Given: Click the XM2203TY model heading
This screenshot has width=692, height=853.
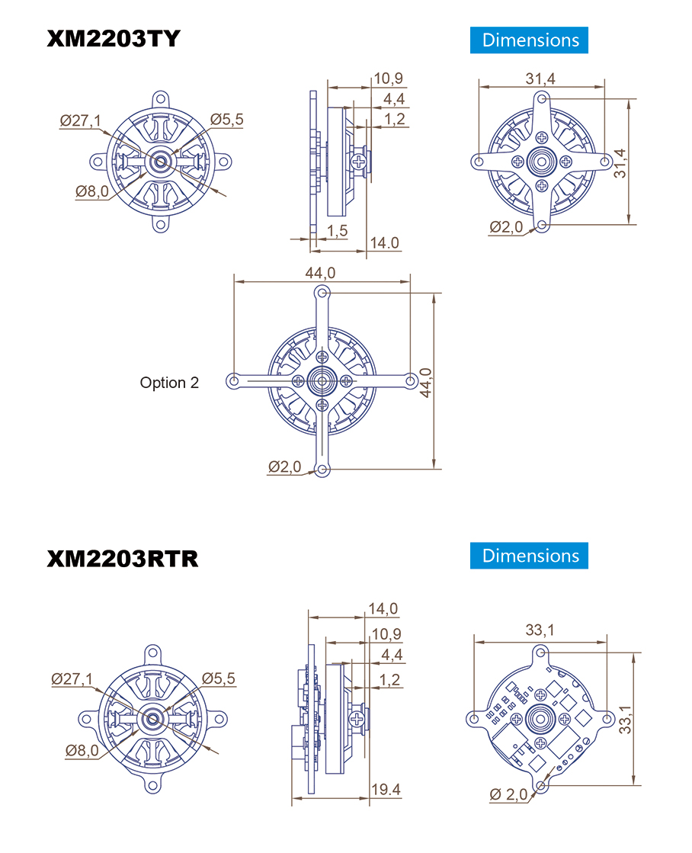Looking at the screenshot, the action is tap(113, 39).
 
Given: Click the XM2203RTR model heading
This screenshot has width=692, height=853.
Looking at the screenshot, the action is tap(123, 559).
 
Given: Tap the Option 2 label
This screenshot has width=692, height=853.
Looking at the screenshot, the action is tap(169, 383).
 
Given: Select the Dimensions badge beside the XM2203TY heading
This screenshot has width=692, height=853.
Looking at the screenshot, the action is tap(529, 40).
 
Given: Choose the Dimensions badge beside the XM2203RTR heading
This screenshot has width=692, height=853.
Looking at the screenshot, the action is tap(529, 556).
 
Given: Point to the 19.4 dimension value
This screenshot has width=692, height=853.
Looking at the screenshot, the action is tap(386, 790).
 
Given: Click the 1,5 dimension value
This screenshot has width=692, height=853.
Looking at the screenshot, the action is tap(338, 231).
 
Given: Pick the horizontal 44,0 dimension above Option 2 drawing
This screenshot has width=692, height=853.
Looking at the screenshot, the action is tap(320, 273).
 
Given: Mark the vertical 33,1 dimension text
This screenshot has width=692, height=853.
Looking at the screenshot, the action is tap(625, 719).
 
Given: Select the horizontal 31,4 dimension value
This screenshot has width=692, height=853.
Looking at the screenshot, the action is tap(540, 79).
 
